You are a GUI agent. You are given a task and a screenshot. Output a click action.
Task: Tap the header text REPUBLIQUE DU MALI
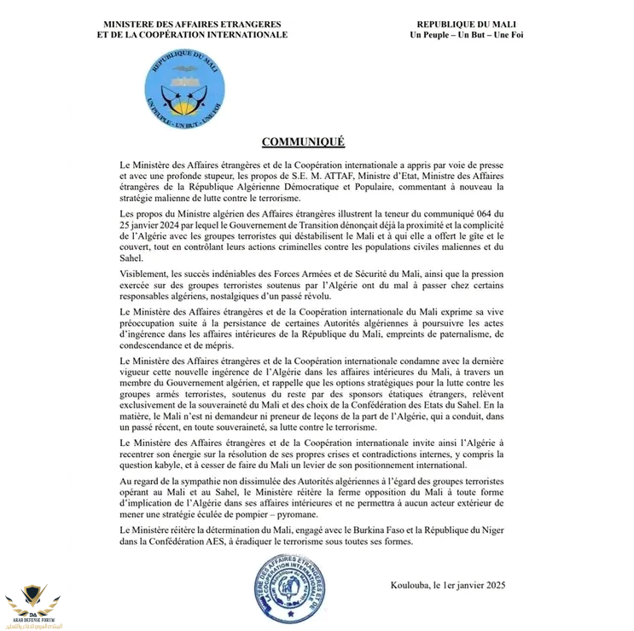point(466,24)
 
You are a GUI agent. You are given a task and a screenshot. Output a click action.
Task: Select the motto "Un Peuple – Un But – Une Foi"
point(466,35)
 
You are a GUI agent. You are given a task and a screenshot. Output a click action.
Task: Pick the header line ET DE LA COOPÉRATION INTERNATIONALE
point(192,35)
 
